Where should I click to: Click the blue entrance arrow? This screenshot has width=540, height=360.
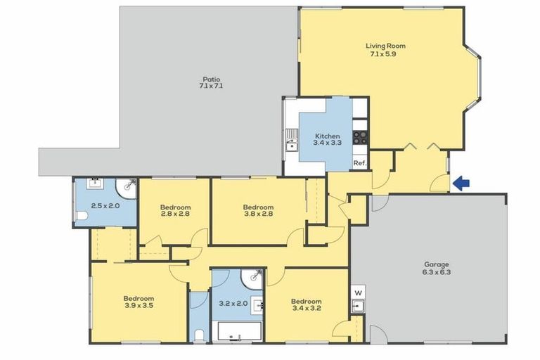click(461, 184)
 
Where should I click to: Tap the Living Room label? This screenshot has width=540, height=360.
click(385, 51)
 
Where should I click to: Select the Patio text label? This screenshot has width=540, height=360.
click(211, 83)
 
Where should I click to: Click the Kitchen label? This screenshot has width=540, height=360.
click(327, 139)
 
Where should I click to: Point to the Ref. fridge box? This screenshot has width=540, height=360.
click(360, 163)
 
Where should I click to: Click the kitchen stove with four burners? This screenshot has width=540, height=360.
click(360, 139)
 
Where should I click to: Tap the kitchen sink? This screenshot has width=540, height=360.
click(291, 146)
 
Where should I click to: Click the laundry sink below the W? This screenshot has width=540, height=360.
click(358, 306)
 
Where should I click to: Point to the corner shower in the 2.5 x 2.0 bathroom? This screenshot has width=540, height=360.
click(127, 187)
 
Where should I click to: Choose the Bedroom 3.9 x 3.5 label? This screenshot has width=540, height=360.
click(139, 302)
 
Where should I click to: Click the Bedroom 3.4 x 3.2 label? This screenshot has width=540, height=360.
click(306, 305)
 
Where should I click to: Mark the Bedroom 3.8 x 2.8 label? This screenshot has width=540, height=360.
click(258, 211)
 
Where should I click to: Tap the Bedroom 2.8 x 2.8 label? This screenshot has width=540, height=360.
click(175, 211)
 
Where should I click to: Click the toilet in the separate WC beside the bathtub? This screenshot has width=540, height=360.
click(199, 333)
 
